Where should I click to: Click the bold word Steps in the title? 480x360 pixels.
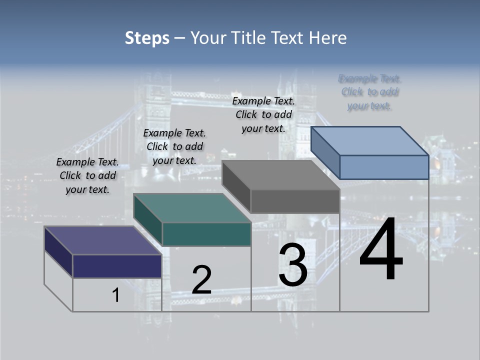point(147,38)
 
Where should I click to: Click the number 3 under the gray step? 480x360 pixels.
point(293,265)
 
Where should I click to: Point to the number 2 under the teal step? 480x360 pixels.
point(202,280)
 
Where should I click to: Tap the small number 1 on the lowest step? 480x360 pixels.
point(116,295)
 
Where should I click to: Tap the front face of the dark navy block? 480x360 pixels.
point(117,266)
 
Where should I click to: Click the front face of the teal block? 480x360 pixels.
point(206,234)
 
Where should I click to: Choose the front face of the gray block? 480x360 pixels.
point(295,201)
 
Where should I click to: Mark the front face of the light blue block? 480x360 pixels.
point(384,167)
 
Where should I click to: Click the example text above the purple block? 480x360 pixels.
point(87,175)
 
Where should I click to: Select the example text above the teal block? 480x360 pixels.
point(174,146)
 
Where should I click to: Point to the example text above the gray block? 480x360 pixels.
point(263,114)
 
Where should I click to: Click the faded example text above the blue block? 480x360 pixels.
point(370,92)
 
